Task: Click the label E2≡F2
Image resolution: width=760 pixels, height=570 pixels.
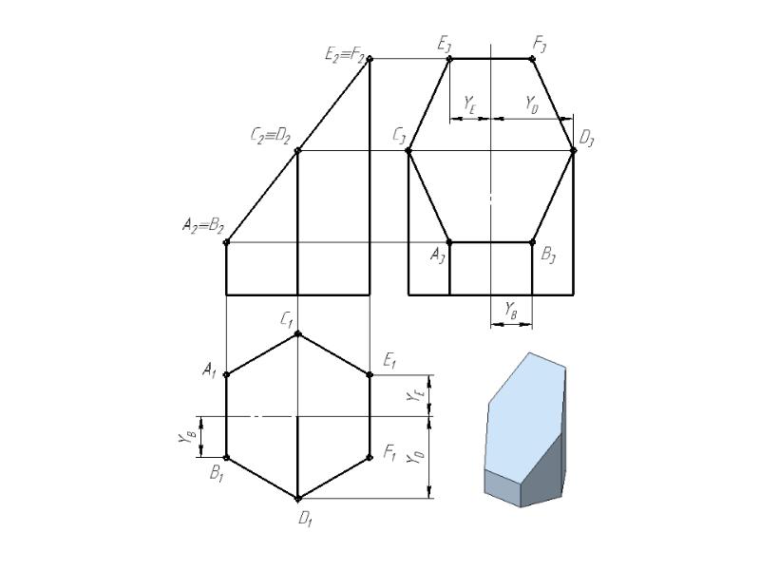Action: (x=345, y=54)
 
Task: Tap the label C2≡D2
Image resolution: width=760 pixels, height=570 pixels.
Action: (x=271, y=136)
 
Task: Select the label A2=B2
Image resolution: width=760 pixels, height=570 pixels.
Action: (x=203, y=225)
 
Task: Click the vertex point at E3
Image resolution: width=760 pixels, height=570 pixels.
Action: (x=449, y=59)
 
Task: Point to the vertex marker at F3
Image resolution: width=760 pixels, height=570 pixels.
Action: (x=532, y=59)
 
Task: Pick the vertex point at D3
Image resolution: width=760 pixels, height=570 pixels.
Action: (x=574, y=151)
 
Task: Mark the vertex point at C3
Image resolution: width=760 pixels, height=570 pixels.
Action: (x=408, y=151)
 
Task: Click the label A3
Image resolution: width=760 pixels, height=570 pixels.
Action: (x=438, y=256)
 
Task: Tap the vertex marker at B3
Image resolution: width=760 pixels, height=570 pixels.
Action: (x=532, y=242)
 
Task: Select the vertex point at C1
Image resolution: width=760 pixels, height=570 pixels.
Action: (x=297, y=333)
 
